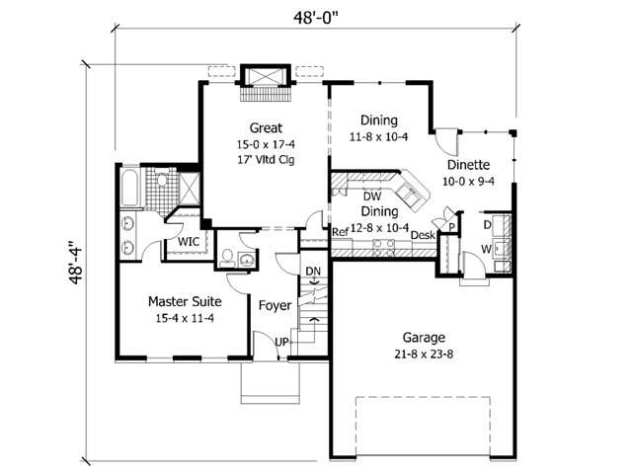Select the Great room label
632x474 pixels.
click(266, 127)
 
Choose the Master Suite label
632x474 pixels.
click(185, 300)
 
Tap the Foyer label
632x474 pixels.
click(275, 305)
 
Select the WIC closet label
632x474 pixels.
click(189, 241)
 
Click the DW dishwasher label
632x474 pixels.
click(372, 196)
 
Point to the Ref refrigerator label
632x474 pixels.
click(341, 233)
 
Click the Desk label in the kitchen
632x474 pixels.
click(423, 235)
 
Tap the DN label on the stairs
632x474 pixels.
click(313, 271)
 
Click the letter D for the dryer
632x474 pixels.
click(488, 223)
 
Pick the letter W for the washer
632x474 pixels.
click(487, 249)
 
